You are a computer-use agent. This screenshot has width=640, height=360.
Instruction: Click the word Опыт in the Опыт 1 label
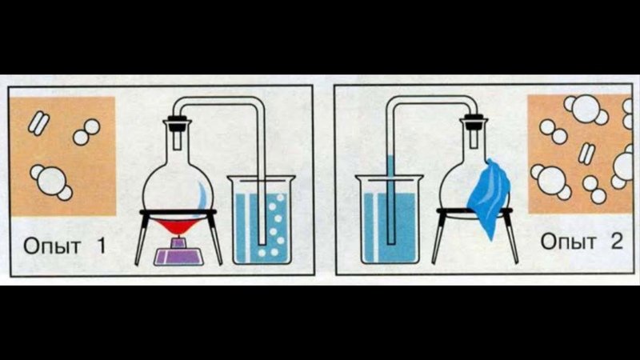[51, 246]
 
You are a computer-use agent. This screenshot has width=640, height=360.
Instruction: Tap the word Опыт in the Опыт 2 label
[568, 242]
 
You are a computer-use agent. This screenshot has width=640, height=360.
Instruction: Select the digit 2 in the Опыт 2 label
[617, 241]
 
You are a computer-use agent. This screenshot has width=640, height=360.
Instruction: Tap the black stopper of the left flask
[177, 123]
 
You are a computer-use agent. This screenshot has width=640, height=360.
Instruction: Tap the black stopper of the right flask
[474, 122]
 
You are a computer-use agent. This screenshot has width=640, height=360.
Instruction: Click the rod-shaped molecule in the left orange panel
[38, 123]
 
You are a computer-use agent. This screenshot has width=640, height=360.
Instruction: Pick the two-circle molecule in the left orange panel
[86, 132]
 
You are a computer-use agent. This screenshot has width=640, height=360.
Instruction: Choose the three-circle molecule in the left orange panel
[51, 182]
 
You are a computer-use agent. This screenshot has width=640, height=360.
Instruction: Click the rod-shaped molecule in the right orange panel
[587, 154]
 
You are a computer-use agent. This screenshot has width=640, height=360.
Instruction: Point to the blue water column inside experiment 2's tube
[391, 199]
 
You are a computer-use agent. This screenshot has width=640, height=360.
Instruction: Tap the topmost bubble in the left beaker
[281, 198]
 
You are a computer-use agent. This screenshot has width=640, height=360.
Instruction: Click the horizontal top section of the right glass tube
[432, 100]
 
